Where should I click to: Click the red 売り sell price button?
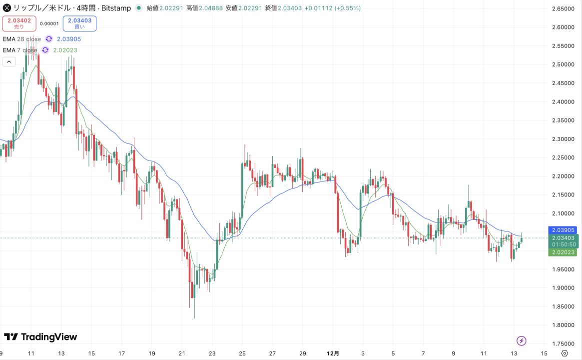[19, 23]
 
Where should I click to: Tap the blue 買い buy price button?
[80, 23]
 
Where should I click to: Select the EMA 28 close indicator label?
[22, 39]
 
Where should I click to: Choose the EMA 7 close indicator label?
[20, 50]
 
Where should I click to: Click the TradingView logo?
[40, 337]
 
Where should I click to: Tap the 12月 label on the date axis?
[333, 353]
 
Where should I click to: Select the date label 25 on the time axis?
[242, 353]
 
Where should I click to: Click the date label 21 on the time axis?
[182, 353]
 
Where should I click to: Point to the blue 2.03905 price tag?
[564, 230]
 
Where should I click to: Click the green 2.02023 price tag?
[564, 252]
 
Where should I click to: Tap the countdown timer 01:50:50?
[564, 245]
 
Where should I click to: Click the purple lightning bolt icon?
[522, 341]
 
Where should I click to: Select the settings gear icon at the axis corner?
[565, 353]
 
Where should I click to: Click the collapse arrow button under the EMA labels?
[9, 62]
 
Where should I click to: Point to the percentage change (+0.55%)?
[347, 8]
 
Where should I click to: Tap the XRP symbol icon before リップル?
[7, 8]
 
